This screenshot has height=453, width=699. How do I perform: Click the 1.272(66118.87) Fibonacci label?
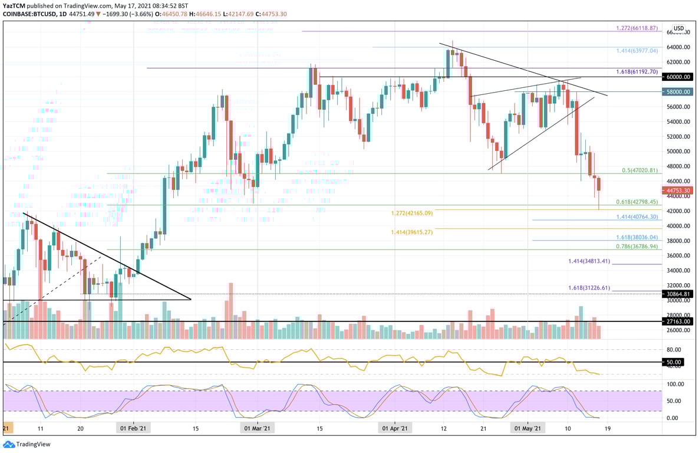[x=637, y=28]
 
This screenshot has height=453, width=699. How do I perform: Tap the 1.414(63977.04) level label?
[x=637, y=51]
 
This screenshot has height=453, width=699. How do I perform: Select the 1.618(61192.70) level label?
[x=637, y=71]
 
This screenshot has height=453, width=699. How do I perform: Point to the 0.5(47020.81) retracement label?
[x=639, y=170]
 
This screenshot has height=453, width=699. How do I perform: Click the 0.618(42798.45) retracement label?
[x=637, y=202]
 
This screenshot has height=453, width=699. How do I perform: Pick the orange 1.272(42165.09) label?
[x=411, y=213]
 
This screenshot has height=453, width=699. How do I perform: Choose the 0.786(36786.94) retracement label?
[x=637, y=247]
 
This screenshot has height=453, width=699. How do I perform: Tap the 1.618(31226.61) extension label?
[x=589, y=288]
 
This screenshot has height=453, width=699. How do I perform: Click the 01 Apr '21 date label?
[x=394, y=429]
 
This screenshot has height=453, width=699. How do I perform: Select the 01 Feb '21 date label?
[x=133, y=429]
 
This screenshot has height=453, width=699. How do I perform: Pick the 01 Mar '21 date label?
[x=257, y=429]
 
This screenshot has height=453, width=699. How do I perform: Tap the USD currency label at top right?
[x=678, y=28]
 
